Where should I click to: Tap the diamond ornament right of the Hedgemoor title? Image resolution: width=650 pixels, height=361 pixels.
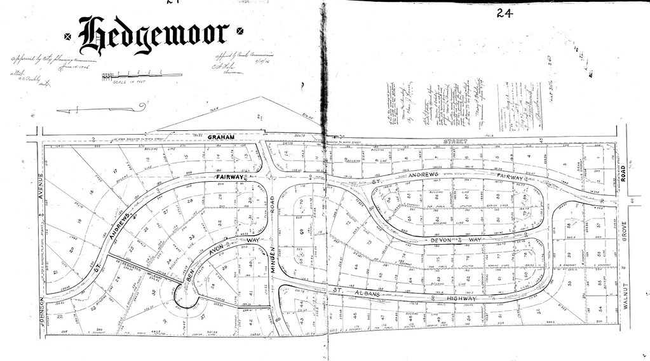point(239,30)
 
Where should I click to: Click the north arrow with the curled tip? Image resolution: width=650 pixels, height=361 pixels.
point(102,109)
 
